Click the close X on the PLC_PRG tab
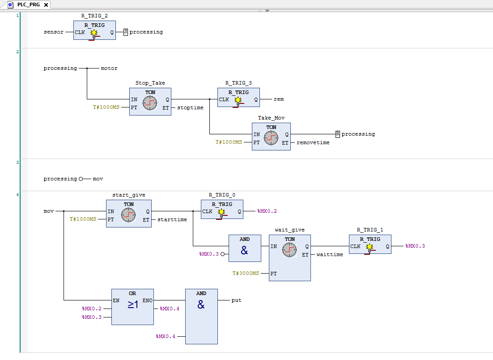point(46,4)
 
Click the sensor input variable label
point(53,32)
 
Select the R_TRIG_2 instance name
point(94,16)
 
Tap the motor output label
point(109,69)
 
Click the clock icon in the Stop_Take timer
point(150,103)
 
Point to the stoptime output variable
point(190,107)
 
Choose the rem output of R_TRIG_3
point(279,99)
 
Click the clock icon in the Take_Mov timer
point(271,137)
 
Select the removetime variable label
point(313,142)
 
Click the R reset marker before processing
point(338,134)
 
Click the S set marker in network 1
point(126,32)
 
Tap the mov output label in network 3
point(98,179)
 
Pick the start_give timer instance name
point(128,195)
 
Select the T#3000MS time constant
point(246,273)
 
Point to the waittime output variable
point(330,254)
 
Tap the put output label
point(236,300)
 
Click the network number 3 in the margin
point(17,162)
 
